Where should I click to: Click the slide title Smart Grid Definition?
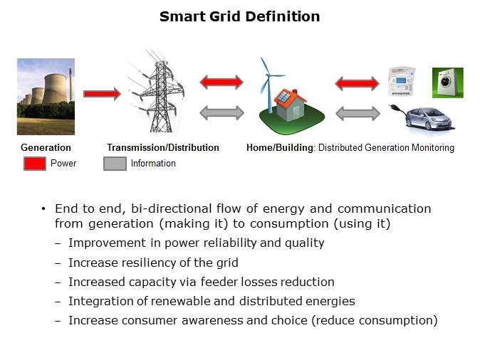coord(239,16)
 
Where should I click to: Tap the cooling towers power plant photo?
coord(46,97)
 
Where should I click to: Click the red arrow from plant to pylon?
coord(102,93)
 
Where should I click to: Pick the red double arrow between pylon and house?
coord(221,83)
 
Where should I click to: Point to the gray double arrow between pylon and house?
coord(221,112)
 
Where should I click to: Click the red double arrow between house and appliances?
coord(357,83)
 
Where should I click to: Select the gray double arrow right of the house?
coord(357,112)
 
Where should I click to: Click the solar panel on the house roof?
coord(283,97)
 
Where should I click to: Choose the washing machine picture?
coord(448,83)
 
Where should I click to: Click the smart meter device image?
coord(401,82)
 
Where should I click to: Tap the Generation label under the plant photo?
coord(46,148)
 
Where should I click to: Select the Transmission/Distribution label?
coord(163,148)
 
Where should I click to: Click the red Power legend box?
coord(35,164)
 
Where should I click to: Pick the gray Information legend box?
coord(115,164)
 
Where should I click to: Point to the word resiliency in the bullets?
coord(149,263)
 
